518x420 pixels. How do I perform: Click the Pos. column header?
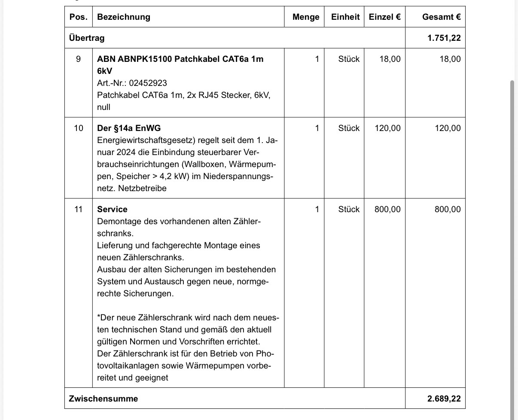[78, 17]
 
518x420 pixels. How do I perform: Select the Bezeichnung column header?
[124, 17]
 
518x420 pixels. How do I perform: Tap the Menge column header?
[306, 17]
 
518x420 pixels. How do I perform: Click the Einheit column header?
[345, 17]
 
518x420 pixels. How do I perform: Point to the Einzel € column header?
[384, 17]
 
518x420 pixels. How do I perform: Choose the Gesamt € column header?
[441, 17]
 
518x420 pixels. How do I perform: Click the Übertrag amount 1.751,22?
[444, 38]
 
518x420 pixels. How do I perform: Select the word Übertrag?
[87, 38]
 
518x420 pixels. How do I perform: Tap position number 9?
[78, 59]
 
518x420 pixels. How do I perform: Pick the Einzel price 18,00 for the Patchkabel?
[390, 59]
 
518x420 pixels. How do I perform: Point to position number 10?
[78, 128]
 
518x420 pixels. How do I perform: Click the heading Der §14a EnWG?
[129, 128]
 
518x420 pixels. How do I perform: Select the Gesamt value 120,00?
[448, 128]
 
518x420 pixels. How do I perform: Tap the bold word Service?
[112, 209]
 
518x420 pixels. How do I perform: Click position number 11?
[78, 209]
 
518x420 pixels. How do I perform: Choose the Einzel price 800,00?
[387, 209]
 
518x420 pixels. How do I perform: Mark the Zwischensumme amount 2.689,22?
[444, 399]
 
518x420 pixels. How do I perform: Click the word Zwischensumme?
[104, 399]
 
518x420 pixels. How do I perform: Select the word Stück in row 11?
[349, 209]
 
